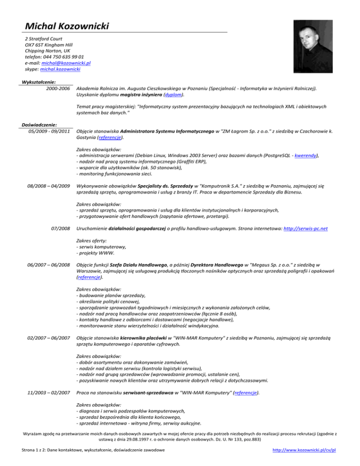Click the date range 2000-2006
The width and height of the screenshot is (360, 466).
[x=57, y=88]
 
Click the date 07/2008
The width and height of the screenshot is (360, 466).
[x=60, y=228]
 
